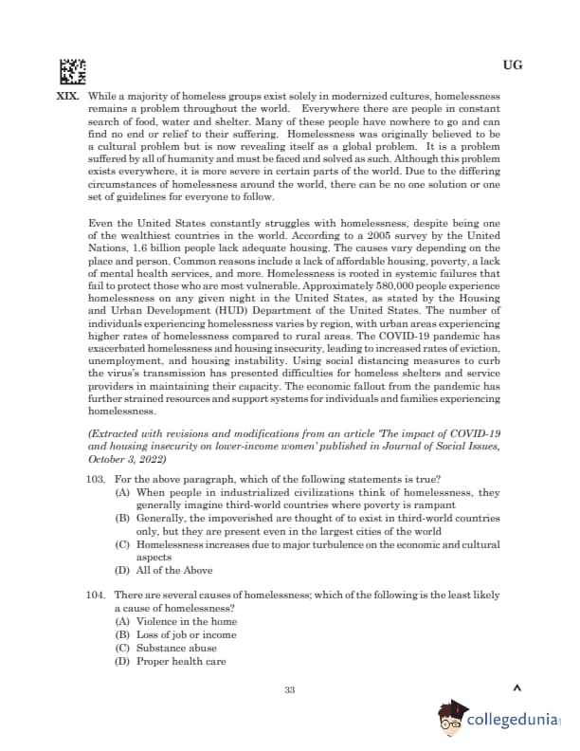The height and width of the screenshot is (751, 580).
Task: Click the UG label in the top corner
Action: pyautogui.click(x=512, y=66)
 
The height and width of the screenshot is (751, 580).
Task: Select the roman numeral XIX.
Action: pyautogui.click(x=67, y=97)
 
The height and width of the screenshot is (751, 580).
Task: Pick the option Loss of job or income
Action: pyautogui.click(x=175, y=635)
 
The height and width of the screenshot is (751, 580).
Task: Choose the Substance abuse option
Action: pyautogui.click(x=163, y=649)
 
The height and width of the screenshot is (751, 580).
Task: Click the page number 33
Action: pyautogui.click(x=290, y=689)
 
